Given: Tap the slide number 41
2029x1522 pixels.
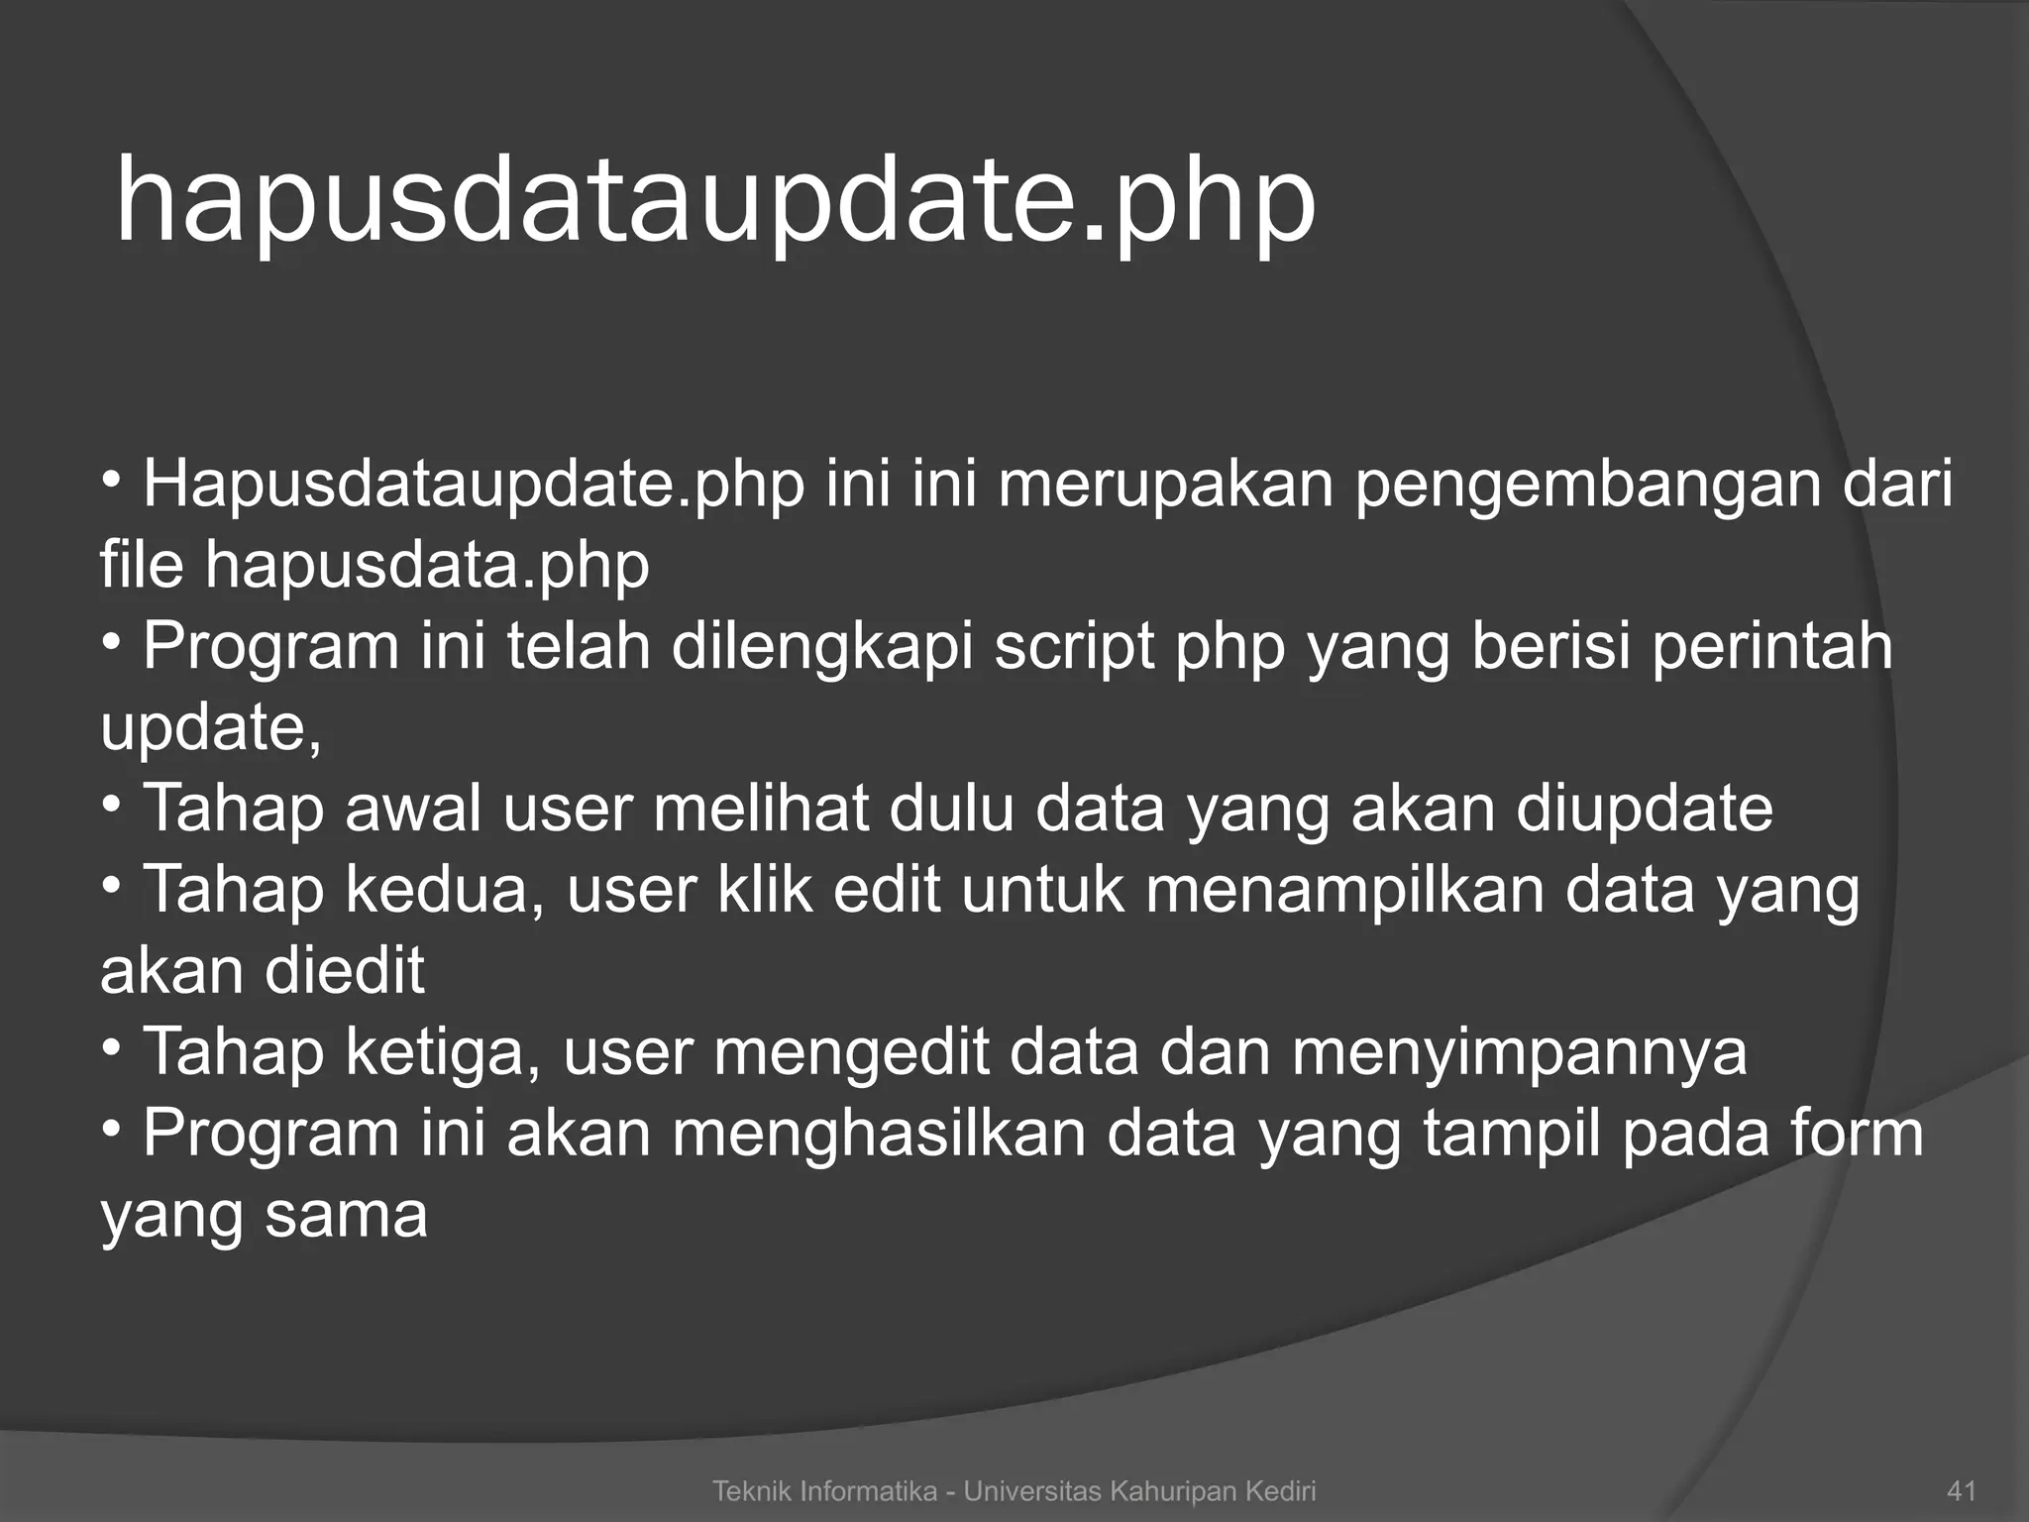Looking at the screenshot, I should point(1962,1490).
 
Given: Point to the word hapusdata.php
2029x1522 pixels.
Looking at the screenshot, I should point(427,566).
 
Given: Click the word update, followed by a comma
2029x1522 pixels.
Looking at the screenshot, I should point(211,729).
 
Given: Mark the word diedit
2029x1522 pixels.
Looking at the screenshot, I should point(344,970).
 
